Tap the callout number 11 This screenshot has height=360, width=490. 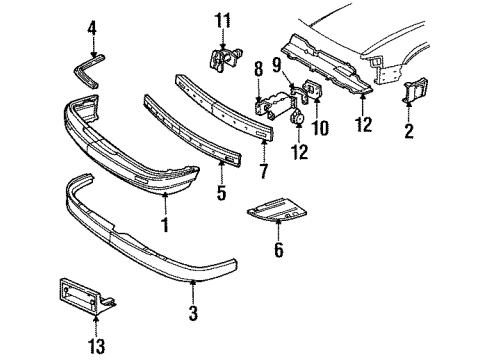pos(224,20)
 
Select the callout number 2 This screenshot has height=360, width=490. pos(408,130)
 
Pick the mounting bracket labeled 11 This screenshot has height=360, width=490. pos(222,59)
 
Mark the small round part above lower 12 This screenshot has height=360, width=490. pos(297,118)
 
